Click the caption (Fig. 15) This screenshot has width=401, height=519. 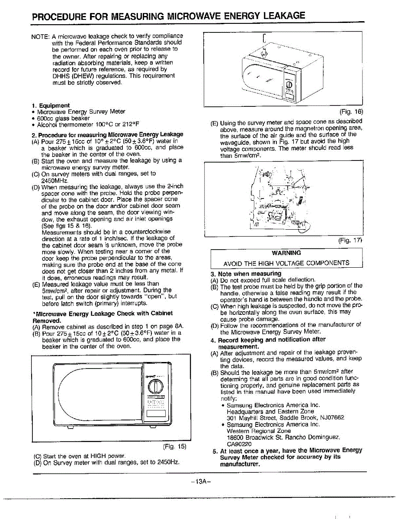pyautogui.click(x=175, y=446)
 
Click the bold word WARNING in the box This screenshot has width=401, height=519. pyautogui.click(x=286, y=253)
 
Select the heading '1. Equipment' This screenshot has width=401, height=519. pyautogui.click(x=51, y=106)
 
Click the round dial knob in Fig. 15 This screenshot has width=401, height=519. pyautogui.click(x=158, y=386)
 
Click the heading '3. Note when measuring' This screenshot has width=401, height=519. pyautogui.click(x=246, y=274)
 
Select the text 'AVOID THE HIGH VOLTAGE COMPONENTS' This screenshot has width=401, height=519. pyautogui.click(x=286, y=263)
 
